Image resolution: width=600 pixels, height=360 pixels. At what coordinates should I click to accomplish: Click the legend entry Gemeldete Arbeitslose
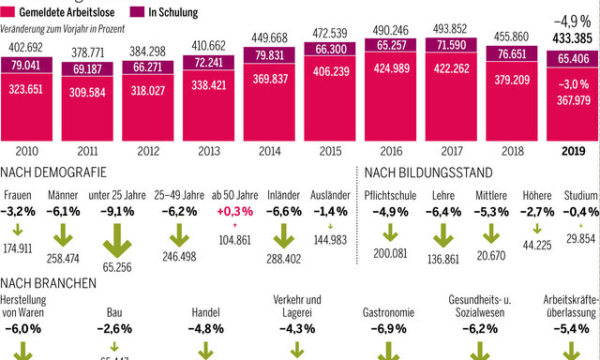tap(61, 10)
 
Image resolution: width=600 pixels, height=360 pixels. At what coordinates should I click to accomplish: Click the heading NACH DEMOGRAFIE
tap(54, 172)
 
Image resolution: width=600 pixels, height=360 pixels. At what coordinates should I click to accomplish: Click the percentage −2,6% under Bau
tap(118, 329)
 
